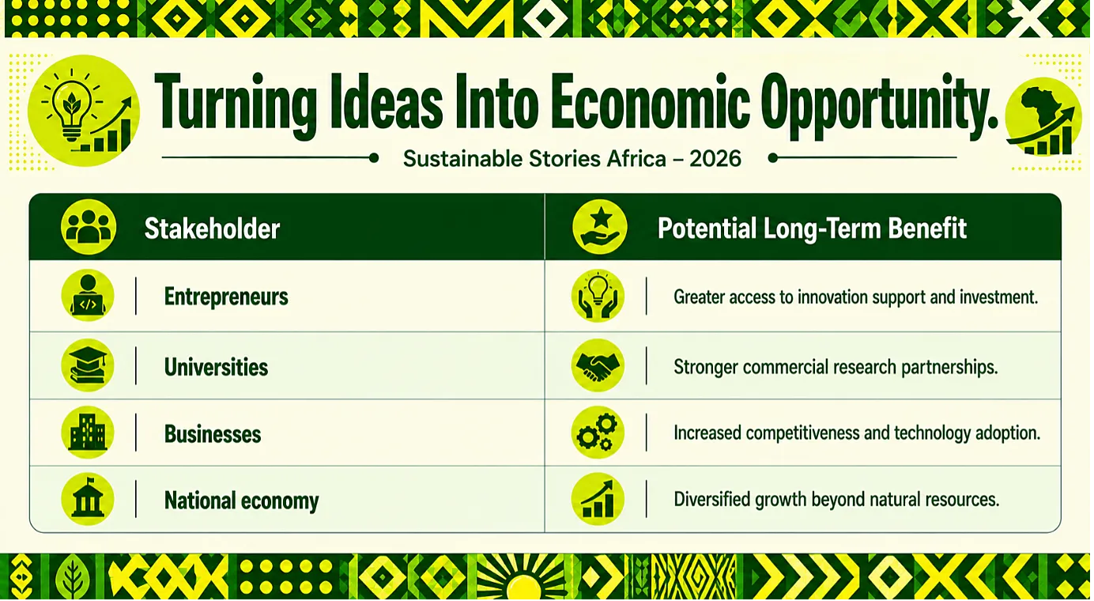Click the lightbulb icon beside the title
pyautogui.click(x=84, y=111)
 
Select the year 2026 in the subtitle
pyautogui.click(x=715, y=159)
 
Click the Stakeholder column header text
pyautogui.click(x=212, y=229)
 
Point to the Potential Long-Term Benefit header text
pyautogui.click(x=812, y=229)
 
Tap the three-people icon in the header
pyautogui.click(x=89, y=227)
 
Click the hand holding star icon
pyautogui.click(x=600, y=227)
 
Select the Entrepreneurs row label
pyautogui.click(x=226, y=297)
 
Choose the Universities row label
pyautogui.click(x=216, y=367)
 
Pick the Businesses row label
pyautogui.click(x=213, y=434)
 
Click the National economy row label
pyautogui.click(x=241, y=501)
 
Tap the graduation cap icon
pyautogui.click(x=88, y=365)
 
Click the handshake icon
pyautogui.click(x=598, y=365)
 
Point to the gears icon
pyautogui.click(x=598, y=432)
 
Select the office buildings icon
pyautogui.click(x=88, y=432)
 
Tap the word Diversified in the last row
pyautogui.click(x=712, y=499)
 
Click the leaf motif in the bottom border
pyautogui.click(x=72, y=577)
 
